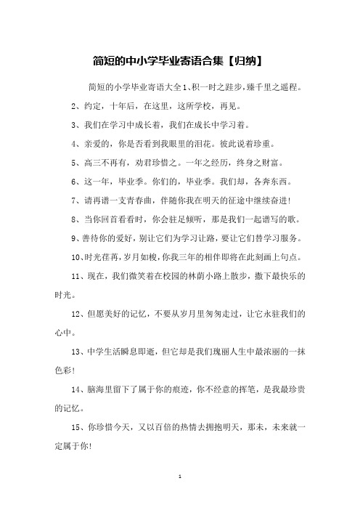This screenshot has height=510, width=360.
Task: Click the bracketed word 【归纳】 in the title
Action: point(242,59)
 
